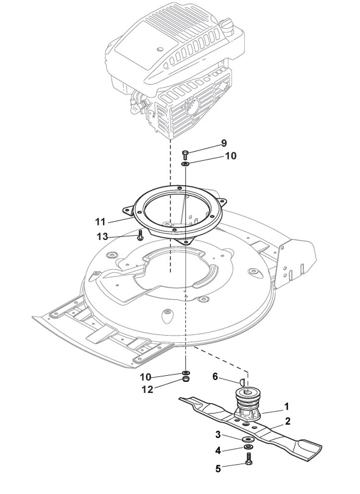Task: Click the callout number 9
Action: [x=224, y=143]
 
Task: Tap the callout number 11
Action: [x=100, y=222]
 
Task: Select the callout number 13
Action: [x=102, y=236]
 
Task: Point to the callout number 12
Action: [x=147, y=389]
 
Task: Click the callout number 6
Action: [x=215, y=376]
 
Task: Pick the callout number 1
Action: [x=286, y=407]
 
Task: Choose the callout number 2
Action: [x=288, y=422]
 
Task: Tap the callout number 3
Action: [x=218, y=435]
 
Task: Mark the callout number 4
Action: [x=218, y=451]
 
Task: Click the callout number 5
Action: [x=218, y=468]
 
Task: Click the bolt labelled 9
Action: [x=185, y=154]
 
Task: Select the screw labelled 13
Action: [x=140, y=235]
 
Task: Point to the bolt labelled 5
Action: [x=249, y=458]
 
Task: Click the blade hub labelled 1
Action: [x=248, y=404]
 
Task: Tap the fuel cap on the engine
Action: [x=226, y=24]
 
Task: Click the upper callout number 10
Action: [x=230, y=156]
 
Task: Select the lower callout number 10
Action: [x=145, y=377]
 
